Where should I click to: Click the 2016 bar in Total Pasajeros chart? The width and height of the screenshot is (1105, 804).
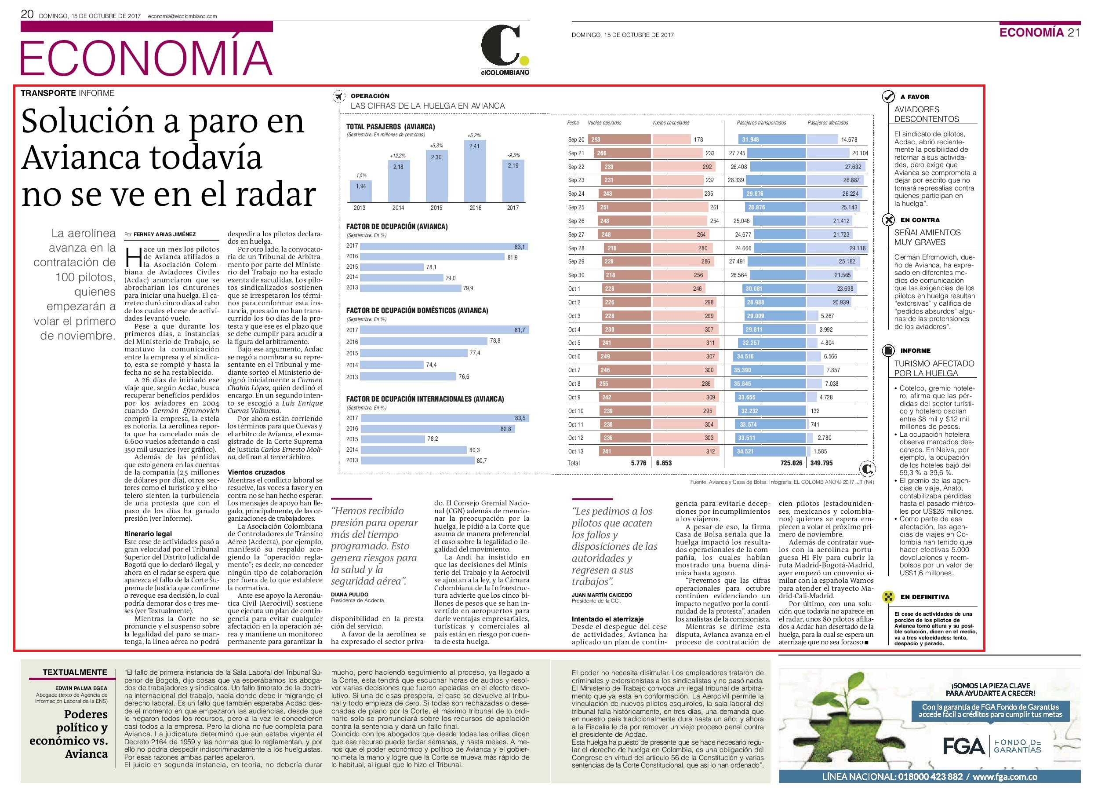[x=475, y=171]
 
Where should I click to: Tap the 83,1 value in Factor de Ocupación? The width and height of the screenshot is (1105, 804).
[x=520, y=247]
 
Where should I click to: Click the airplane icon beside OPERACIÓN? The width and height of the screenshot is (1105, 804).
[x=338, y=96]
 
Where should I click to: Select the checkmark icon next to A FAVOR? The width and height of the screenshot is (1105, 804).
[x=889, y=96]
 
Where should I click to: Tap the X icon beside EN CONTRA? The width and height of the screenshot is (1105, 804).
[x=889, y=220]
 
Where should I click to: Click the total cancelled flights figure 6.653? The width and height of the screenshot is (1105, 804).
[x=664, y=463]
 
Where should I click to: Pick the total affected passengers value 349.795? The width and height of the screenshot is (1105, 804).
[x=821, y=463]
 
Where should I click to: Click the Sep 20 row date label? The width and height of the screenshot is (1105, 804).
[x=576, y=139]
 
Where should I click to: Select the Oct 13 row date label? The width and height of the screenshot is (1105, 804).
[x=575, y=452]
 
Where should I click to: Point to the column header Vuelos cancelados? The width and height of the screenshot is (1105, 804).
[x=670, y=123]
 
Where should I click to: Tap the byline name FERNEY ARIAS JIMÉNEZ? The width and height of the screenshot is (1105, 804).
[x=165, y=234]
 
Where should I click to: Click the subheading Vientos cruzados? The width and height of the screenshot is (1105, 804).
[x=256, y=472]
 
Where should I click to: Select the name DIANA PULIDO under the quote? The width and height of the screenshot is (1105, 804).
[x=349, y=595]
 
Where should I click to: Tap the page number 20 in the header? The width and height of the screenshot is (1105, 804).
[x=27, y=14]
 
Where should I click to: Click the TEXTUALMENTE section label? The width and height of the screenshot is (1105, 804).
[x=75, y=672]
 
